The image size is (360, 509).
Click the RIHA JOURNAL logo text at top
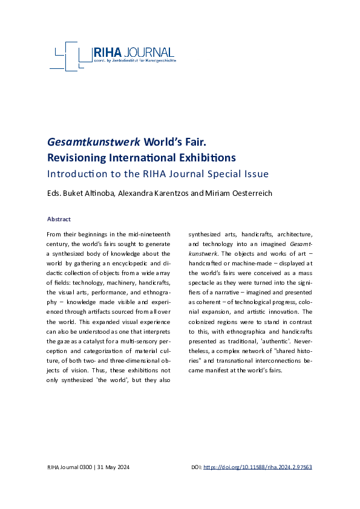133,53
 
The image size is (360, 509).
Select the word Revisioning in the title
79,158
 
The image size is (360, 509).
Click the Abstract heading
59,219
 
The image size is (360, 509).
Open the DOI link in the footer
257,467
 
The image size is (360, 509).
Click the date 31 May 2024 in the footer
113,467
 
